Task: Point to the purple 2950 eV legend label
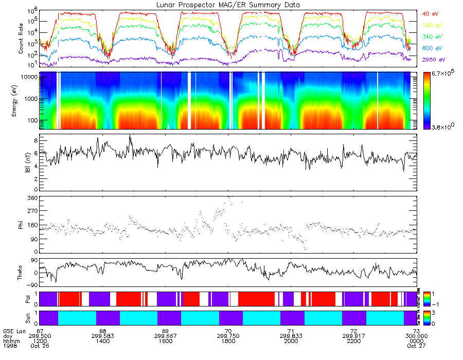(x=433, y=60)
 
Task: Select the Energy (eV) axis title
(x=21, y=101)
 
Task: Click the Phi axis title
(x=21, y=224)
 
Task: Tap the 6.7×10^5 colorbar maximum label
(x=443, y=74)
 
